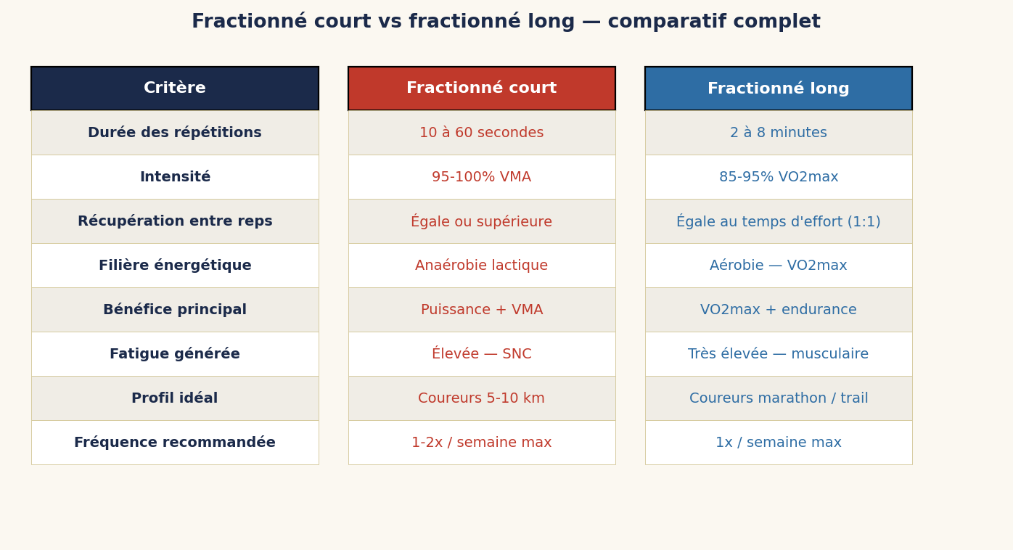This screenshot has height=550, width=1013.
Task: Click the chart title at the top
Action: (506, 22)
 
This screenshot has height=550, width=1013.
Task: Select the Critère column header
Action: (175, 89)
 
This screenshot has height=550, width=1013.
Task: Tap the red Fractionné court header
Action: (482, 89)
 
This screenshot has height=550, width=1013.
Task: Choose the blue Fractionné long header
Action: (778, 89)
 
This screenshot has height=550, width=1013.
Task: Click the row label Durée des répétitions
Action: (175, 133)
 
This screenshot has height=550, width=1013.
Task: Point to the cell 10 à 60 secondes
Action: (482, 133)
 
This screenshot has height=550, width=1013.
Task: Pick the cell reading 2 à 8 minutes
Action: (778, 133)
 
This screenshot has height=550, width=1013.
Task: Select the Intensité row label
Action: (175, 177)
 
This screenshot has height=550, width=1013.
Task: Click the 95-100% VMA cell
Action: (482, 177)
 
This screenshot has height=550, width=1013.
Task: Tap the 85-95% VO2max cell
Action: (778, 177)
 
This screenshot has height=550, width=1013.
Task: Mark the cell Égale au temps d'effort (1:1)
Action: (778, 221)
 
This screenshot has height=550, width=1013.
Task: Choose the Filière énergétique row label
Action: (175, 266)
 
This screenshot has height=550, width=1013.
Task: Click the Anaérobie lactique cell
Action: (482, 266)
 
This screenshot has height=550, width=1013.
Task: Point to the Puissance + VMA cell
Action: (482, 310)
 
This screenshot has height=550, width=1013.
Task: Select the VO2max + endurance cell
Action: (778, 310)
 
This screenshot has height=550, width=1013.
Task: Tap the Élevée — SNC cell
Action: (482, 354)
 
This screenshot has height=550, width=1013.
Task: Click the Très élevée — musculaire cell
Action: (778, 354)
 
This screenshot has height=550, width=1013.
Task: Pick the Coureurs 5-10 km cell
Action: (482, 398)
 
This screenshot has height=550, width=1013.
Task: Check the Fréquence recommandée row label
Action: (175, 443)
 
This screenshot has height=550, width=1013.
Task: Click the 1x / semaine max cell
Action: (778, 443)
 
